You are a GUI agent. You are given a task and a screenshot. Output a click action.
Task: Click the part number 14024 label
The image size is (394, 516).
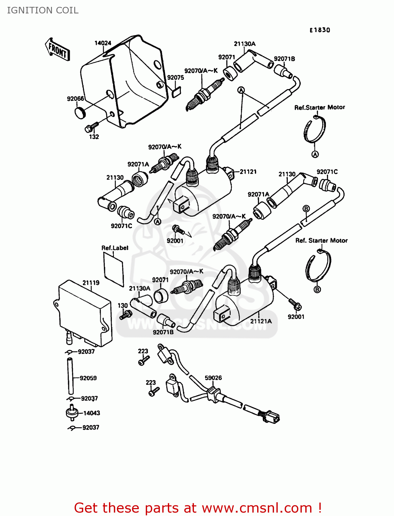pos(103,43)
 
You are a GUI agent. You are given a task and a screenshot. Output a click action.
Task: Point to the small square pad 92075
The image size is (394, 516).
pos(176,92)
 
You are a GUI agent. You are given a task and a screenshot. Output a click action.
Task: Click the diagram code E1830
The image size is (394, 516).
pos(320,30)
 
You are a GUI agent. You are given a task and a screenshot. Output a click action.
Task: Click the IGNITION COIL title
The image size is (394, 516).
pos(43,10)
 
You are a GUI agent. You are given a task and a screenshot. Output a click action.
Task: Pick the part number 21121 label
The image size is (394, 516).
pos(248,172)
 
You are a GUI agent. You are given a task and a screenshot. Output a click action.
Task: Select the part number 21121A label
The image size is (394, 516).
pos(261,321)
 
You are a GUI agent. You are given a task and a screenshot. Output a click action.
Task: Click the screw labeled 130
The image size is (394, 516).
pos(126,314)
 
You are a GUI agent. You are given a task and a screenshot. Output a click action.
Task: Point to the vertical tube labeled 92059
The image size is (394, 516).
pos(70,376)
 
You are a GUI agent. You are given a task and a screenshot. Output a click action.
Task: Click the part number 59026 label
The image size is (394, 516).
pos(213,378)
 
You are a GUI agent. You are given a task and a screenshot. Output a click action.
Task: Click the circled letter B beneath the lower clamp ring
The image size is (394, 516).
pos(317,290)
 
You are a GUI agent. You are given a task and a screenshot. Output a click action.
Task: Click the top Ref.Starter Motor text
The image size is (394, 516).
pos(319,107)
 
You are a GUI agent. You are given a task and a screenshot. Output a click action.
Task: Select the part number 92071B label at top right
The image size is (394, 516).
pos(284,59)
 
